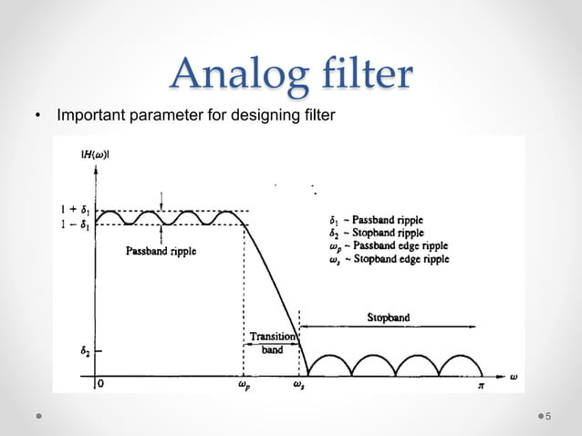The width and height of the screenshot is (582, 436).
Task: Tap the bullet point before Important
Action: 37,117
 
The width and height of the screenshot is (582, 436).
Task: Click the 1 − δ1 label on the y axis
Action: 75,224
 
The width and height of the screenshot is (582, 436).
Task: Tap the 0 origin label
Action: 100,385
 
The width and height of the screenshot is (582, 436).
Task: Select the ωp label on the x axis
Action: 244,386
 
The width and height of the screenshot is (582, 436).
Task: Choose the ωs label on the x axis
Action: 298,386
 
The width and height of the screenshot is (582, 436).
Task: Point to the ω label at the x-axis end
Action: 514,375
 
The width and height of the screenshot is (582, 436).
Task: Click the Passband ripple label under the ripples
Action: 161,251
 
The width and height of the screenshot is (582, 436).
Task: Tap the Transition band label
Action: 272,342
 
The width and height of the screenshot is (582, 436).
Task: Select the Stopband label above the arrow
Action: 389,317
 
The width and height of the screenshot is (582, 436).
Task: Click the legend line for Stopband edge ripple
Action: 389,259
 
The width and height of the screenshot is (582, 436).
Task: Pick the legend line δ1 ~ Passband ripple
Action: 376,220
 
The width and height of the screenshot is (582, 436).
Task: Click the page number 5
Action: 548,417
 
